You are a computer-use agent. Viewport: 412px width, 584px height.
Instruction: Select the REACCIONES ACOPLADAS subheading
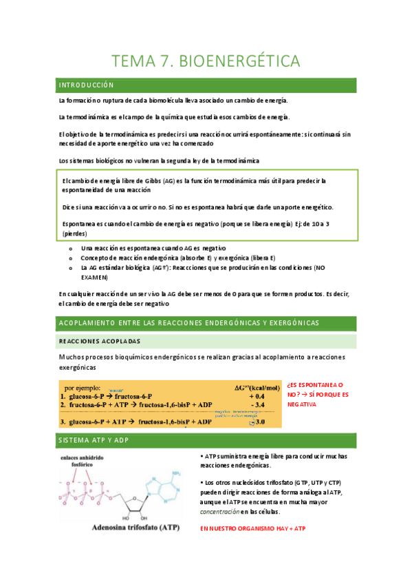(100, 341)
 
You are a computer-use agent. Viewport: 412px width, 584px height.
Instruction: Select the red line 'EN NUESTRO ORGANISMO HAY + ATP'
(252, 529)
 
